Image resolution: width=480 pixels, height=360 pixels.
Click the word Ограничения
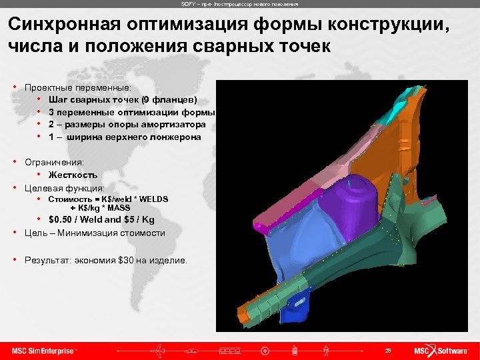[x=54, y=162]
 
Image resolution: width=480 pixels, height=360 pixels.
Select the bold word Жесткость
[x=73, y=175]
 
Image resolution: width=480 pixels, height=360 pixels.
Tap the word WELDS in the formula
[x=153, y=199]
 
